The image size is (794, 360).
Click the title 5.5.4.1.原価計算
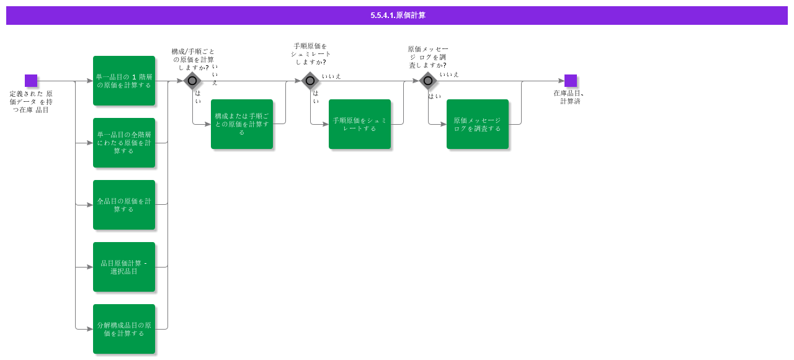tap(398, 16)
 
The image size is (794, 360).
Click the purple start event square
tap(31, 81)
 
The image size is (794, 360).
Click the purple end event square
tap(571, 81)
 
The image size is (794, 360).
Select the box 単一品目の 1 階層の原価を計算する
tap(124, 81)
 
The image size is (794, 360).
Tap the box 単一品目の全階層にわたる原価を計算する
tap(124, 143)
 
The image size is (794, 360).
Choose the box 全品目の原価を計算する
tap(124, 205)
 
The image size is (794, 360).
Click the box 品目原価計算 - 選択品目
tap(124, 267)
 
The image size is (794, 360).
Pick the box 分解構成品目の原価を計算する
tap(124, 329)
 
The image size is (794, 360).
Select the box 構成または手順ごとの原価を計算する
tap(242, 124)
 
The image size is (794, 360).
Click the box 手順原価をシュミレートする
tap(360, 124)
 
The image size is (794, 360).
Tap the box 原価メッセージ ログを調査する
tap(478, 124)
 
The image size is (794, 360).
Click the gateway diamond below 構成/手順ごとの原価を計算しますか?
tap(192, 81)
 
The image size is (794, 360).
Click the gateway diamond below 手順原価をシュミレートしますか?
tap(310, 81)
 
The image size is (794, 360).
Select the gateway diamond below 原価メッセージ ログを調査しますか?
tap(428, 81)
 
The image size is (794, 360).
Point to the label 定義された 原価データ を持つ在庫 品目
tap(31, 102)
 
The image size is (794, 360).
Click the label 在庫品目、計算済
tap(569, 97)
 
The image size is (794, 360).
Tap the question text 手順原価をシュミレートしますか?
tap(310, 54)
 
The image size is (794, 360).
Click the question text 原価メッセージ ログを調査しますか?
tap(427, 57)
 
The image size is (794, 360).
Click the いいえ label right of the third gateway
tap(449, 74)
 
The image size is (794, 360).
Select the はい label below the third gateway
tap(434, 96)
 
